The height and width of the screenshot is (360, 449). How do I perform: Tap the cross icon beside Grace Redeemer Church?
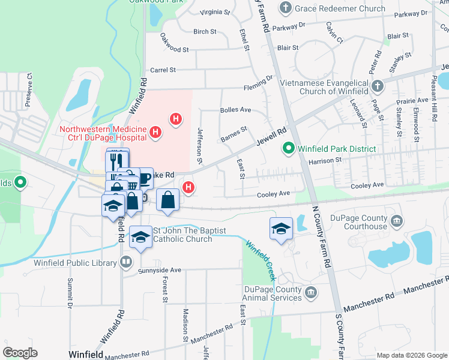286,8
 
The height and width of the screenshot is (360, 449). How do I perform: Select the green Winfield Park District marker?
288,148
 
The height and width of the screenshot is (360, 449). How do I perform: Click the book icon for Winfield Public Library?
126,261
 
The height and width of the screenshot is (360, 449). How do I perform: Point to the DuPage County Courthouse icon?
397,222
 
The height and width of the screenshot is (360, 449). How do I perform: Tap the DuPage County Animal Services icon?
310,292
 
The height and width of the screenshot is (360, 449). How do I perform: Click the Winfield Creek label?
259,260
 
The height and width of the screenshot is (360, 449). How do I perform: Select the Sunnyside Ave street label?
159,271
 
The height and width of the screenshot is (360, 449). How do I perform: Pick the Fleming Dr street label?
258,88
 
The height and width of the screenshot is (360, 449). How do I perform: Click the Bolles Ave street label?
235,110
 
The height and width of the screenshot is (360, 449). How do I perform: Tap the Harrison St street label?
325,160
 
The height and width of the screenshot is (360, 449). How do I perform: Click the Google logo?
20,353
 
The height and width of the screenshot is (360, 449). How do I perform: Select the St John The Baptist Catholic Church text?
182,235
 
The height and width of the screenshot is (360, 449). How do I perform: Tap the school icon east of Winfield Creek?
281,229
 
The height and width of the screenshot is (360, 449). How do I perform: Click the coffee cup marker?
144,178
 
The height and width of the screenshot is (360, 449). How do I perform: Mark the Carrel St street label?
163,70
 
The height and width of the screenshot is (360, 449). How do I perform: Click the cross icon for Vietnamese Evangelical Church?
376,86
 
